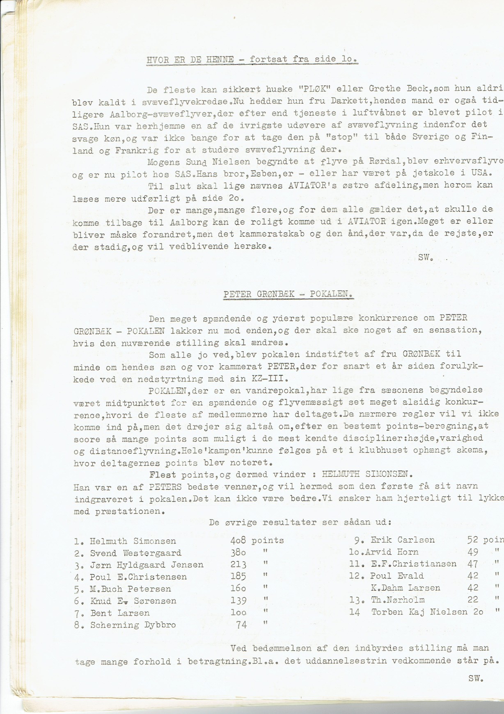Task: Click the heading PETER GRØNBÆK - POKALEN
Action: (288, 294)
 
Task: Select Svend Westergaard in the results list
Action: (135, 553)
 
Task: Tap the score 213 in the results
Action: (238, 565)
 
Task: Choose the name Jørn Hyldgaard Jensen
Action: (147, 565)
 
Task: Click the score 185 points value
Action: (238, 577)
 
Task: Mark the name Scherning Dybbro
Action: (133, 625)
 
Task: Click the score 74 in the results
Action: (242, 625)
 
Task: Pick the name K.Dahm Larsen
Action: (405, 588)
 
